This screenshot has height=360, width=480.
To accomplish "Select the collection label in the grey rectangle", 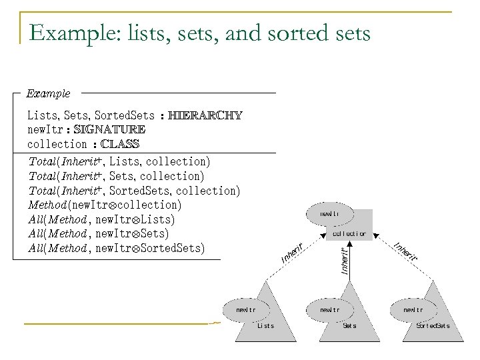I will [349, 234].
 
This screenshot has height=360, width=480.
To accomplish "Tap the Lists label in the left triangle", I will [265, 325].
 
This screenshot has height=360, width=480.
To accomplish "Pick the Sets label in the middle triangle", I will [349, 325].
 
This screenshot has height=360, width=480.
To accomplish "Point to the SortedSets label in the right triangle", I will [433, 325].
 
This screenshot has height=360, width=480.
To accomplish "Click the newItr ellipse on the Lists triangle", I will [246, 310].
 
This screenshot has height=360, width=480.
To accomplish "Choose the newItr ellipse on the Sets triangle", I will [329, 310].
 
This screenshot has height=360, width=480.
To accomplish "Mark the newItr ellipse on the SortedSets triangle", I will [413, 310].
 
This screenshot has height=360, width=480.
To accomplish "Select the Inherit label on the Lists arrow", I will [293, 252].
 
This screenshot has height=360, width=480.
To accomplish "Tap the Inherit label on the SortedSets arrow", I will [405, 251].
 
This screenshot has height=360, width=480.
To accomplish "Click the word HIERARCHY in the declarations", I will [205, 115].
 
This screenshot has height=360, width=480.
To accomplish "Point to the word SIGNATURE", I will [109, 129].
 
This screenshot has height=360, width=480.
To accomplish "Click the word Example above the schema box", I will [48, 94].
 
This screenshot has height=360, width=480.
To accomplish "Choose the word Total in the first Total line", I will [43, 161].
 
